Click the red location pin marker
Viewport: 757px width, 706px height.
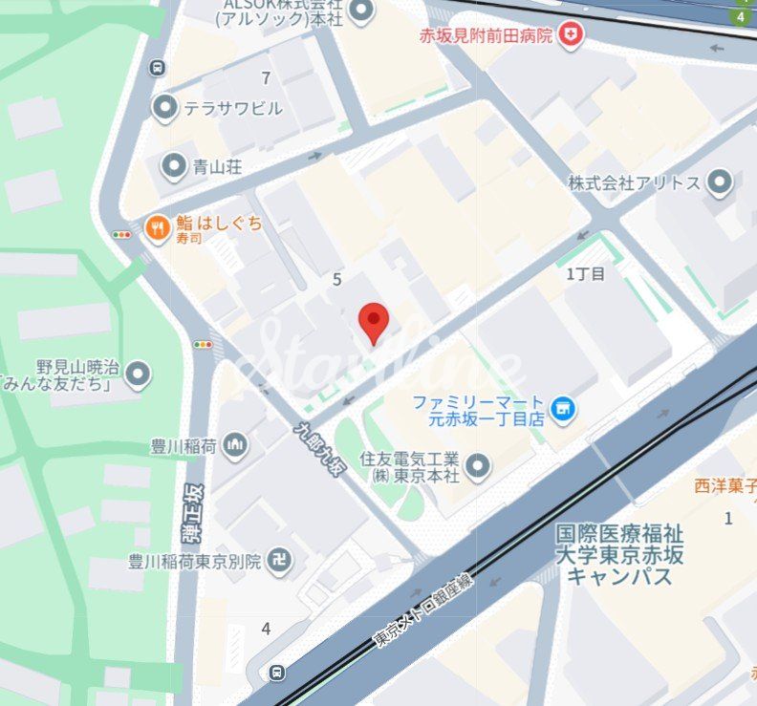coord(373,321)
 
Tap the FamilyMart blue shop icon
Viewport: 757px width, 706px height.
coord(564,409)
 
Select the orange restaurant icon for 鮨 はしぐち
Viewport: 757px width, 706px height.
coord(157,227)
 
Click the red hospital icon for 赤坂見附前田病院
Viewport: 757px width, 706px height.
coord(572,35)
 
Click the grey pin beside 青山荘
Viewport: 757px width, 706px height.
coord(173,167)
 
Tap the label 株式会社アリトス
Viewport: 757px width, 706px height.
coord(634,182)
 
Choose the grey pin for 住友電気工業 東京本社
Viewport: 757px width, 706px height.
coord(477,466)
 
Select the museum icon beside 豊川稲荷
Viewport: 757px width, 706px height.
coord(236,444)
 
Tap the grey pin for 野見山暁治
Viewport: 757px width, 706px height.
coord(139,373)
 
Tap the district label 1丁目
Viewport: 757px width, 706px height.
coord(586,274)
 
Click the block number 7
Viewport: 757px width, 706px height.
coord(266,78)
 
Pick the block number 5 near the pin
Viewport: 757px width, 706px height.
coord(336,279)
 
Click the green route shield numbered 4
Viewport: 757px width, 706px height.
coord(741,16)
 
